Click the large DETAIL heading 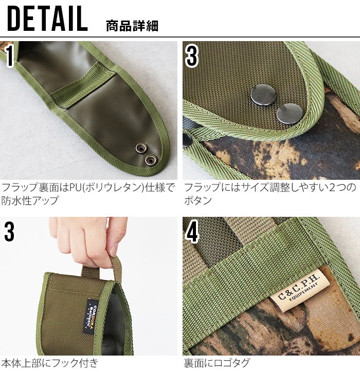tap(48, 19)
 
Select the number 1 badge tap(10, 57)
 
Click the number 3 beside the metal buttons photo tap(191, 57)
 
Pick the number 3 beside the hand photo tap(10, 232)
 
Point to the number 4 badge tap(192, 232)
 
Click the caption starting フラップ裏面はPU tap(88, 188)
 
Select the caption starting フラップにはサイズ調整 tap(269, 188)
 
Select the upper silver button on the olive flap tap(260, 94)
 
